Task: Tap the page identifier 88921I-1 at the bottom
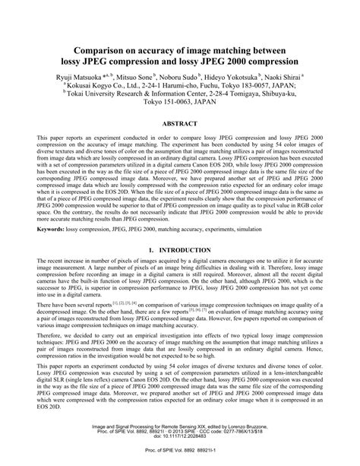pyautogui.click(x=209, y=455)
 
